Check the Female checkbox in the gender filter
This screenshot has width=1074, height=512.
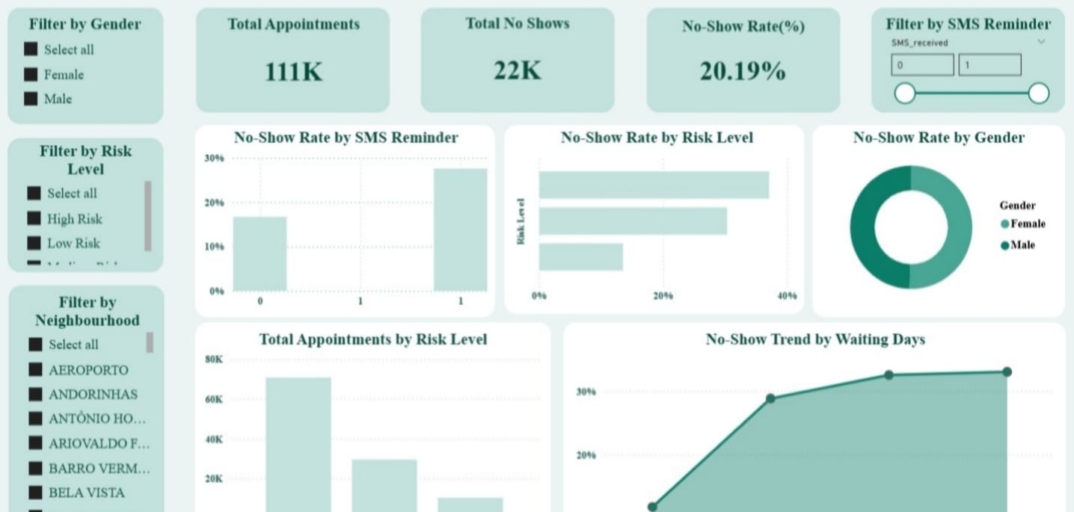pyautogui.click(x=31, y=74)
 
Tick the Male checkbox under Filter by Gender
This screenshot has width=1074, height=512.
pyautogui.click(x=31, y=99)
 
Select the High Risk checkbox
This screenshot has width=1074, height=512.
pyautogui.click(x=34, y=218)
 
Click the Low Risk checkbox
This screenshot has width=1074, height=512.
pyautogui.click(x=34, y=243)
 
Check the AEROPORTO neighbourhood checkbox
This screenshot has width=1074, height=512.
pyautogui.click(x=35, y=369)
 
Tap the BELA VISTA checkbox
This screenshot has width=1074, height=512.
pyautogui.click(x=35, y=493)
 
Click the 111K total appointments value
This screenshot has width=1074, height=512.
pyautogui.click(x=292, y=72)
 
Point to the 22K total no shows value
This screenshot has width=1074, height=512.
pyautogui.click(x=517, y=70)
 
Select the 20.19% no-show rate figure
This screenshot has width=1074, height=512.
pyautogui.click(x=743, y=71)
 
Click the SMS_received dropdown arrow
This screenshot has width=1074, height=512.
pyautogui.click(x=1040, y=43)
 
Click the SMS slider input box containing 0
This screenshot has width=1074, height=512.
pyautogui.click(x=922, y=65)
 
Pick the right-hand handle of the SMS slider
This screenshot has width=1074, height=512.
pyautogui.click(x=1038, y=93)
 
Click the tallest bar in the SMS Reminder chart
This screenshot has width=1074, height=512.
pyautogui.click(x=460, y=229)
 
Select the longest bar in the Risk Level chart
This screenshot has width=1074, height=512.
pyautogui.click(x=654, y=185)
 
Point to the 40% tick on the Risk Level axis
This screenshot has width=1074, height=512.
pyautogui.click(x=786, y=296)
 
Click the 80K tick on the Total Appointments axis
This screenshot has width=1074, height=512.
pyautogui.click(x=214, y=360)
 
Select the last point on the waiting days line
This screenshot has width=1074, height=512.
pyautogui.click(x=1007, y=372)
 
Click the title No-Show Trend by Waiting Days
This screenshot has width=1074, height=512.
pyautogui.click(x=815, y=339)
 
